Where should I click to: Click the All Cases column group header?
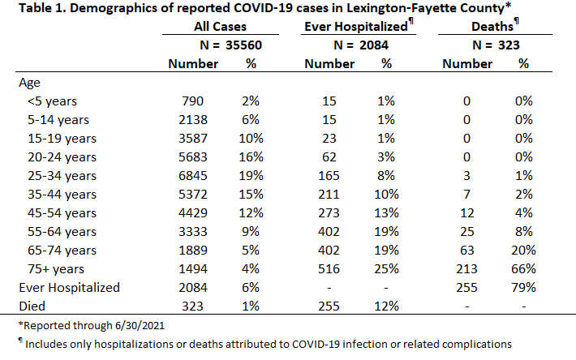pos(220,27)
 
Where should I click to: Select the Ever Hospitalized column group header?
pos(356,27)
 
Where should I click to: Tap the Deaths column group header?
pos(492,27)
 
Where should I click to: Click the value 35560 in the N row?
pos(243,45)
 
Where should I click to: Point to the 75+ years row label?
pos(56,269)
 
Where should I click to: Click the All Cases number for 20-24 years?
pos(193,157)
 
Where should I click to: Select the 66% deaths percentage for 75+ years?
pos(523,269)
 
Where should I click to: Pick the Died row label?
pos(32,306)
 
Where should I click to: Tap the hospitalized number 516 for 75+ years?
pos(329,269)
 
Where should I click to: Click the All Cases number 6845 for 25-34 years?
pos(193,176)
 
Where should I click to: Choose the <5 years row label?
pos(52,101)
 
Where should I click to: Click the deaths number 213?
pos(466,269)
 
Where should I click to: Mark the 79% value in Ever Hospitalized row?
pos(523,287)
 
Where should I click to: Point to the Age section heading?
pos(29,83)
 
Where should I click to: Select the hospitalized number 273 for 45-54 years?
pos(329,213)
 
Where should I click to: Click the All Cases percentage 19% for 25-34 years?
pos(251,176)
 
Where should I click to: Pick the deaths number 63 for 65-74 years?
pos(466,251)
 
